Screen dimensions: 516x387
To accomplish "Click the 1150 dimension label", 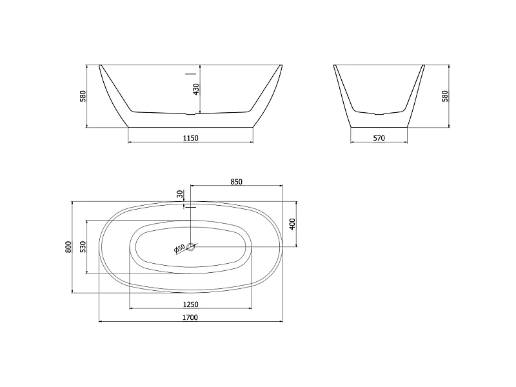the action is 190,138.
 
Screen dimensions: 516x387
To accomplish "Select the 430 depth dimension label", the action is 196,89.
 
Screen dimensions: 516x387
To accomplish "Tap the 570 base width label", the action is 379,138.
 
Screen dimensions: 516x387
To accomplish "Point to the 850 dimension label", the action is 236,182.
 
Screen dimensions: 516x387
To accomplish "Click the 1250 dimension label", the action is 190,304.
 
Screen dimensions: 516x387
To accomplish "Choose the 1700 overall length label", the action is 190,317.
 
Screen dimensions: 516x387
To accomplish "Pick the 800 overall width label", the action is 68,247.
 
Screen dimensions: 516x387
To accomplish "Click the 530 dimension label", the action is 83,247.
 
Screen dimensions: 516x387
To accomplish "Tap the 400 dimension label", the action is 292,224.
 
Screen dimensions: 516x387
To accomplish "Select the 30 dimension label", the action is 180,194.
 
